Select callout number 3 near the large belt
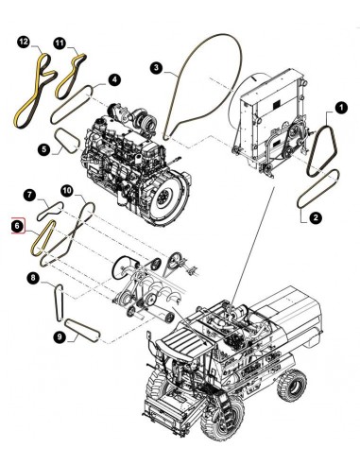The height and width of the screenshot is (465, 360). coord(157,67)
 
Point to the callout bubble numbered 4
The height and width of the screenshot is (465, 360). coord(113,81)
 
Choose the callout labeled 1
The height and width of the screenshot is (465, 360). coord(44,148)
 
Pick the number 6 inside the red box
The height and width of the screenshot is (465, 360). coord(17,227)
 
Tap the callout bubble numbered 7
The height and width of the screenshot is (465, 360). coord(30,196)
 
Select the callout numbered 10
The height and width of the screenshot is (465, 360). coord(67,190)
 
